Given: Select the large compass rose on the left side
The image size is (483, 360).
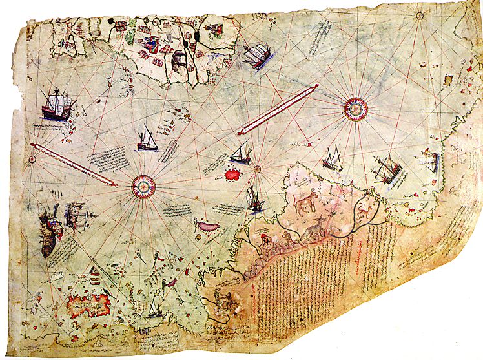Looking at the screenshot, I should (x=143, y=187).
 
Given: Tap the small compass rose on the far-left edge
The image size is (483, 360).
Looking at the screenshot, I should (x=31, y=158).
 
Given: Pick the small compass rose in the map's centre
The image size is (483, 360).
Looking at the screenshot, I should (x=257, y=169).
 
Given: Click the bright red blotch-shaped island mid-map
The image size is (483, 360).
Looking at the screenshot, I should (x=231, y=174).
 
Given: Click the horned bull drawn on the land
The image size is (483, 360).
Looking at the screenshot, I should (x=301, y=206).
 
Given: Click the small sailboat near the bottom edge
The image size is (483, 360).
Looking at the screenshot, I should (x=154, y=310).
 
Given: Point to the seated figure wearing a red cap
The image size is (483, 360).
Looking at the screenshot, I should (x=265, y=244).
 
